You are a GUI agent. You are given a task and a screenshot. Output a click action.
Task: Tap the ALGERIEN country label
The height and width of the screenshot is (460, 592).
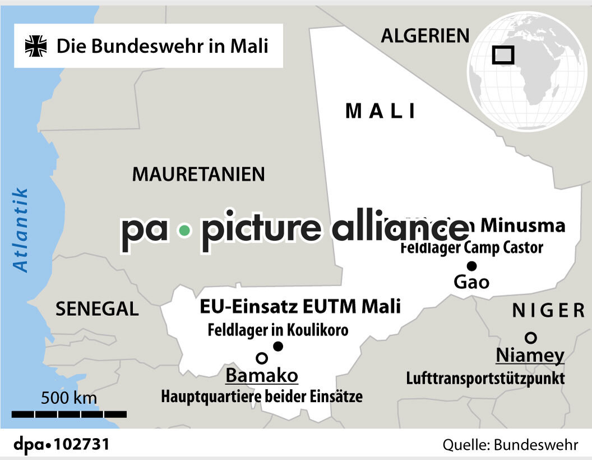point(425,35)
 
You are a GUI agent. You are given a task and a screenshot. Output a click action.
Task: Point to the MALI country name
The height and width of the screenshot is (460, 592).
point(381,111)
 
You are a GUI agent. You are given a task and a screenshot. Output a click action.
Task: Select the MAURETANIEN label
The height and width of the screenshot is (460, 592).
point(198,174)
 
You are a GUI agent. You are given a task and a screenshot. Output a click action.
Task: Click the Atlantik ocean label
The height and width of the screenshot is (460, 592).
point(21,230)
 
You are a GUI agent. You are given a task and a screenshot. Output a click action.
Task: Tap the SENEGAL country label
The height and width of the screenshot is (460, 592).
point(97,309)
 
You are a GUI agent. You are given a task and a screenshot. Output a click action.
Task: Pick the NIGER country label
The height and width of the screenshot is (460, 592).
point(548,310)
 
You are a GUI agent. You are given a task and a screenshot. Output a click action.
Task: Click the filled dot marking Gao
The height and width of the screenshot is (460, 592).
point(471,266)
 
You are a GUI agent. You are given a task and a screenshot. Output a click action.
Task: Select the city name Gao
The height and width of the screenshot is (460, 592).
point(471,282)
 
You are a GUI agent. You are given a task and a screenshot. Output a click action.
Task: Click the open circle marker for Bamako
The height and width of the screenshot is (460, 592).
point(261,357)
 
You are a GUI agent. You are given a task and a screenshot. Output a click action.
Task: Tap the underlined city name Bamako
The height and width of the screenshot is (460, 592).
point(262,375)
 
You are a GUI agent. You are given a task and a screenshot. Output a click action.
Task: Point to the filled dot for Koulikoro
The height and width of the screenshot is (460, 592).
point(278,346)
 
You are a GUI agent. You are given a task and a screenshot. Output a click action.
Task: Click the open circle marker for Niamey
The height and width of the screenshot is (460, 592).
point(530,337)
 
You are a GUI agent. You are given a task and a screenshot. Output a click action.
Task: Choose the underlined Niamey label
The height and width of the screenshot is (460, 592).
point(530,356)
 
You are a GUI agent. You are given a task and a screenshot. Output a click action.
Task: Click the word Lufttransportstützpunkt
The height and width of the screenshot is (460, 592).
point(485,378)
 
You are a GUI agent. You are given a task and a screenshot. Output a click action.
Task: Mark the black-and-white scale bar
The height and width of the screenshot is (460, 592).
point(69,414)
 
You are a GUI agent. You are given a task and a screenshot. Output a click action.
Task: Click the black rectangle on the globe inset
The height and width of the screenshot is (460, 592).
point(503,55)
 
